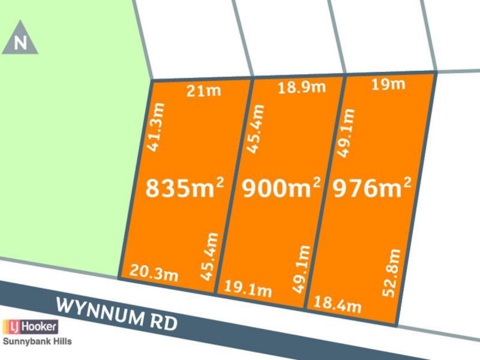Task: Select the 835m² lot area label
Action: [x=185, y=188]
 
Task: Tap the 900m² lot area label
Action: [x=281, y=188]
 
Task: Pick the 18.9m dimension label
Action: [x=301, y=88]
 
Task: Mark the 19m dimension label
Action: [x=388, y=85]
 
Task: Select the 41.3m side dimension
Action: [x=157, y=127]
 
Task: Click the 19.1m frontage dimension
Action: [x=248, y=290]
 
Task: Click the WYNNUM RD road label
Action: [x=117, y=314]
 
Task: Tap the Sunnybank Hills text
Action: [x=37, y=341]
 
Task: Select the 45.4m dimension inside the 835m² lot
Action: [x=210, y=257]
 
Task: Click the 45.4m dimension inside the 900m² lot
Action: [x=257, y=129]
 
